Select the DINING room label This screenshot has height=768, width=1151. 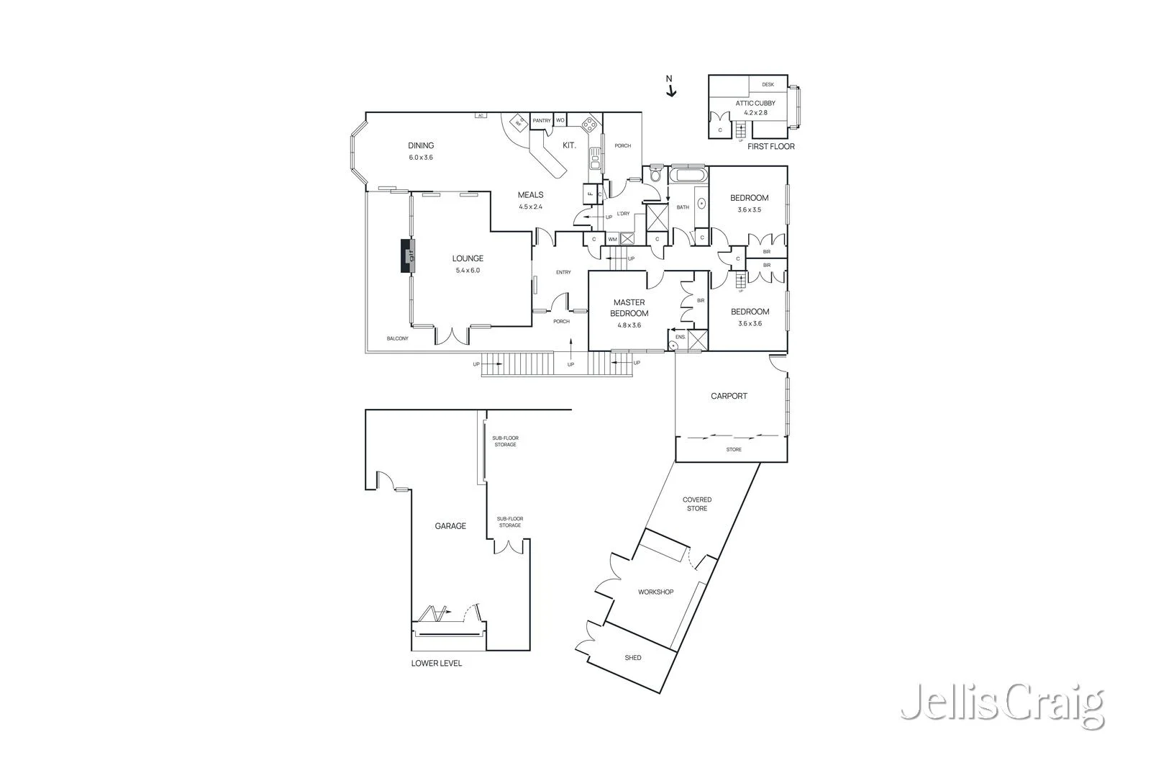[421, 145]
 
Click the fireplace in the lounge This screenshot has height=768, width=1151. [408, 256]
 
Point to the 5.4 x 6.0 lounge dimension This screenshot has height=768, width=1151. [468, 271]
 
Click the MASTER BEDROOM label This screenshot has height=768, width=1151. [629, 307]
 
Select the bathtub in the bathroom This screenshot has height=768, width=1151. [688, 176]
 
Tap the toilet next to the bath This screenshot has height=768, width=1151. [655, 175]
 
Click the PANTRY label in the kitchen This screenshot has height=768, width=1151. [542, 120]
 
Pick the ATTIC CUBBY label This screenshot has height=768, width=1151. [755, 103]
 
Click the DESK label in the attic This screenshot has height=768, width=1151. [768, 84]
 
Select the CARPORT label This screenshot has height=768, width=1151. [729, 396]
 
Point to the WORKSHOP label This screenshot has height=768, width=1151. [655, 592]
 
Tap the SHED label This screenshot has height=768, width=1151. [633, 657]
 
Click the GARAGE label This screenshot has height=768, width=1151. [450, 526]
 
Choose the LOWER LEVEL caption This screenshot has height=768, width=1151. [437, 663]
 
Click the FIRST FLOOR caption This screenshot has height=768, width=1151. [770, 146]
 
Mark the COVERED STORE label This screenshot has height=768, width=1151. [697, 504]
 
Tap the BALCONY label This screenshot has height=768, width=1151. [397, 338]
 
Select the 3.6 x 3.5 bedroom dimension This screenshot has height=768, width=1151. [749, 210]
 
